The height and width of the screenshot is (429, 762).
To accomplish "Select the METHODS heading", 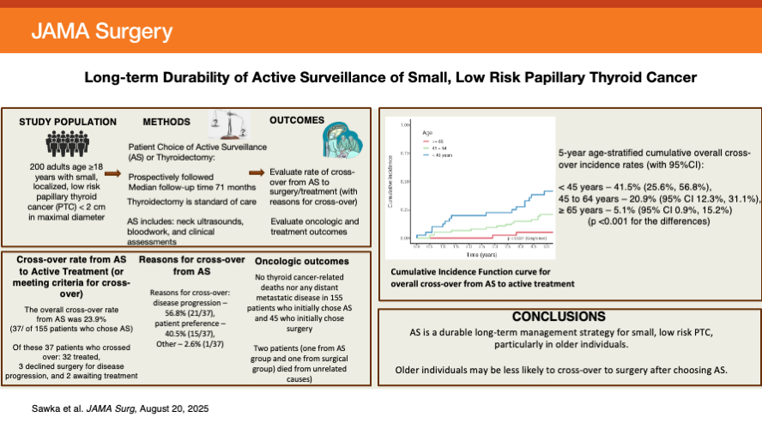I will pos(166,123).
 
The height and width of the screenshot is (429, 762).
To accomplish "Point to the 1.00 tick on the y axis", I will pos(402,126).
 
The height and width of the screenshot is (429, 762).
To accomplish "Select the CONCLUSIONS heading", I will pos(565,316).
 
